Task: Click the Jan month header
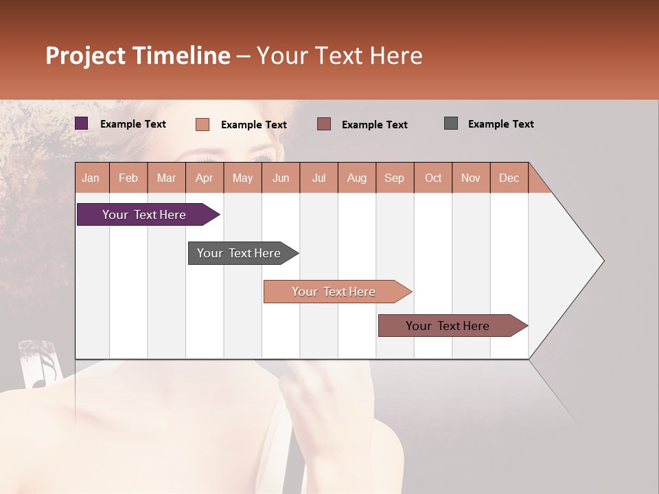point(91,178)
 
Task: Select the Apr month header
point(205,178)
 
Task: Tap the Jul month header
point(319,178)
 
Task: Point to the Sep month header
point(394,178)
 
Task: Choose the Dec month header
point(509,178)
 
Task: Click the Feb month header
point(128,178)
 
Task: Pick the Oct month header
point(433,178)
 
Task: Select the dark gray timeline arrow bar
point(240,253)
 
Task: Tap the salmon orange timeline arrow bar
point(335,292)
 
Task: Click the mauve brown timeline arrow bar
point(450,326)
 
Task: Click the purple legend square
point(82,123)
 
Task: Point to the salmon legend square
point(203,124)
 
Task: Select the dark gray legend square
point(451,123)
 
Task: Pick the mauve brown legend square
point(324,124)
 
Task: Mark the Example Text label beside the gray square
point(500,124)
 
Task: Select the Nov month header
point(471,178)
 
